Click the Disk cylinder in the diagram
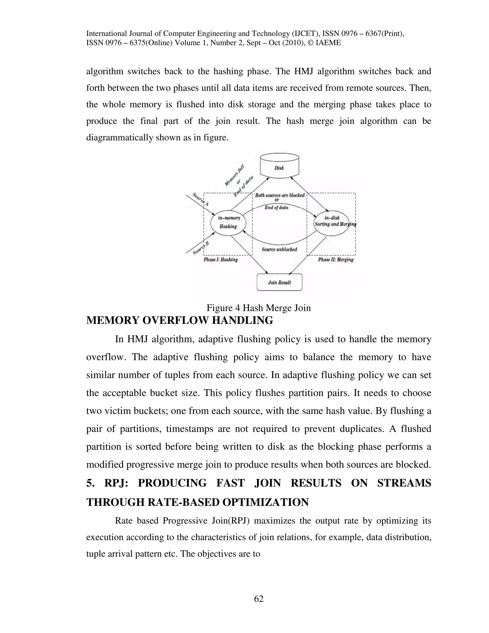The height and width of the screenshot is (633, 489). [x=279, y=166]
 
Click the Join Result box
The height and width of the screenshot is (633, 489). [x=279, y=282]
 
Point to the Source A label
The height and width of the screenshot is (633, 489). [x=201, y=199]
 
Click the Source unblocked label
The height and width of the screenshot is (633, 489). [x=279, y=249]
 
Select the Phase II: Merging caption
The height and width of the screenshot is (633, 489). [x=335, y=260]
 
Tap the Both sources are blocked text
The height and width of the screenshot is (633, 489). [x=280, y=195]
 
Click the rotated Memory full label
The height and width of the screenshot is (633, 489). [x=234, y=175]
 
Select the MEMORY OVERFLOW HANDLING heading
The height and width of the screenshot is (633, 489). [x=180, y=320]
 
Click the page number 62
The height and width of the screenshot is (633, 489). [x=259, y=599]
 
